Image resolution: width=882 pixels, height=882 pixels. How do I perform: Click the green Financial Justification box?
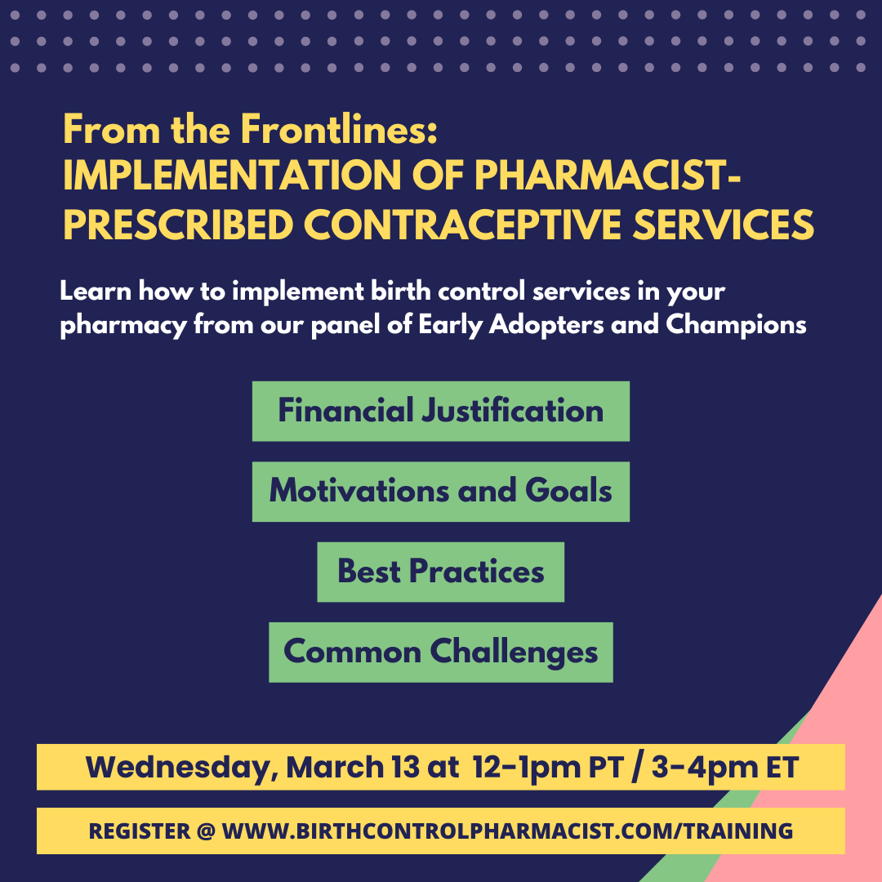coord(440,411)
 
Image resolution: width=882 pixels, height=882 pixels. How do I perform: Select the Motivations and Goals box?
coord(440,491)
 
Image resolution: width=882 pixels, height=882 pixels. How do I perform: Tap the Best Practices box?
coord(440,571)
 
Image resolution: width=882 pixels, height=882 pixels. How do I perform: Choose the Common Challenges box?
coord(440,652)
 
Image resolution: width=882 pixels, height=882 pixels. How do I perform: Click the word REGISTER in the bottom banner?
coord(140,831)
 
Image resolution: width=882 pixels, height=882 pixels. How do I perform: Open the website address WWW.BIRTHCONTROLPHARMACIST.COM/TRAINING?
coord(507,831)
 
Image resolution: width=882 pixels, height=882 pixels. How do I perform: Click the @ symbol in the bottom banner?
coord(206,831)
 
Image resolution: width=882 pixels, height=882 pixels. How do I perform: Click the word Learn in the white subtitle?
coord(95,292)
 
